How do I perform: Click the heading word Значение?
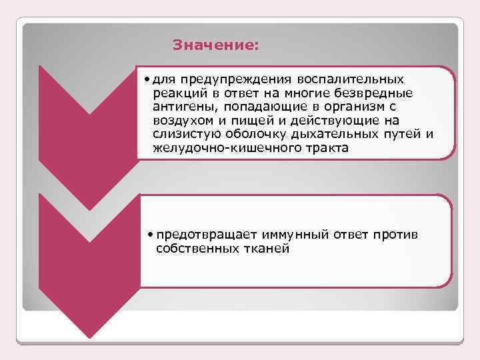(x=215, y=46)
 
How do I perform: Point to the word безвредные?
(x=380, y=93)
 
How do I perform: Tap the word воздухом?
(x=183, y=121)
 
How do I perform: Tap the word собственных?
(x=195, y=248)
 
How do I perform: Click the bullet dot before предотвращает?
(x=152, y=235)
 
